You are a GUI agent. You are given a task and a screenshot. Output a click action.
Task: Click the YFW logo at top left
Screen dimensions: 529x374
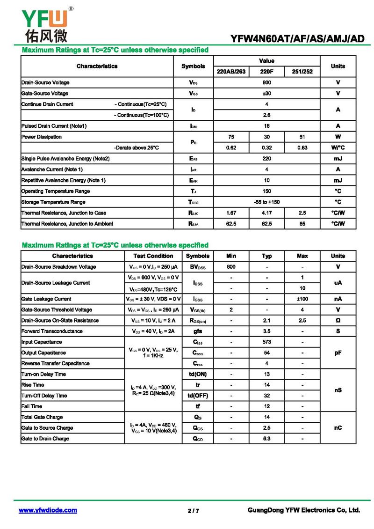(45, 23)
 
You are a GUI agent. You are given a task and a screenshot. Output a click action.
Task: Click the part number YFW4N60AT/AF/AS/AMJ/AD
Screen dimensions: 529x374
(297, 39)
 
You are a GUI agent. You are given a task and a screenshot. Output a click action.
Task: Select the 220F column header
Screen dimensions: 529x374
(266, 72)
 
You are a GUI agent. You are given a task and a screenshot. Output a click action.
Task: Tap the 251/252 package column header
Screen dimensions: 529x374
(302, 72)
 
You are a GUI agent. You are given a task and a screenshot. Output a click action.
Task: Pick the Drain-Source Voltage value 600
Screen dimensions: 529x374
(266, 82)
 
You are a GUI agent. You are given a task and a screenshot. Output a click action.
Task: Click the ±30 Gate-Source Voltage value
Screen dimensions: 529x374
(266, 93)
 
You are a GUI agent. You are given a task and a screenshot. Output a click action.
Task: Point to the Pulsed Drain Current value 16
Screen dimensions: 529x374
(266, 126)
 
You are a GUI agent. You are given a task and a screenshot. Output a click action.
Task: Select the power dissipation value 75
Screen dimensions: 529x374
(231, 137)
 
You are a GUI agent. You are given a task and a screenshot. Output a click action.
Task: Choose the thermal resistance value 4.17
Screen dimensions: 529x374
(266, 213)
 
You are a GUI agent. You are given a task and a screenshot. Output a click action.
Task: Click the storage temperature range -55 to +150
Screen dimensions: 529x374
(266, 202)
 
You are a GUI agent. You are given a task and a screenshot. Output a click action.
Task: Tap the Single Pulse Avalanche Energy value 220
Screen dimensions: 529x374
(266, 159)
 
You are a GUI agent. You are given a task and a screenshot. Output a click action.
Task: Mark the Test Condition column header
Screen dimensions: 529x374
(153, 256)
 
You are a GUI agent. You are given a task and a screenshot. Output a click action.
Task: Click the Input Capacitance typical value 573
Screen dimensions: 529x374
(266, 342)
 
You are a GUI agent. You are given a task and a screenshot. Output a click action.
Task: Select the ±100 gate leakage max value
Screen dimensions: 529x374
(302, 299)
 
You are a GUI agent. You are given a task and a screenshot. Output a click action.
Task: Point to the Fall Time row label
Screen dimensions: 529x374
(32, 406)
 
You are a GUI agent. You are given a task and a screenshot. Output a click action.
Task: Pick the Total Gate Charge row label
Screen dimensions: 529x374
(42, 417)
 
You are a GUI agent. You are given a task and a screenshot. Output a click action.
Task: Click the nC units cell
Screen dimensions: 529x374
(338, 428)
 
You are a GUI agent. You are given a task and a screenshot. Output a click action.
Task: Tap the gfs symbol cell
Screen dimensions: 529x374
(197, 331)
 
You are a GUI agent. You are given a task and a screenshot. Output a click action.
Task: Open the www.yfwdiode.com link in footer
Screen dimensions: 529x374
(48, 510)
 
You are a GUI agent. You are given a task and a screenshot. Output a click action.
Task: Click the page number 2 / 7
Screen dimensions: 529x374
(193, 511)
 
